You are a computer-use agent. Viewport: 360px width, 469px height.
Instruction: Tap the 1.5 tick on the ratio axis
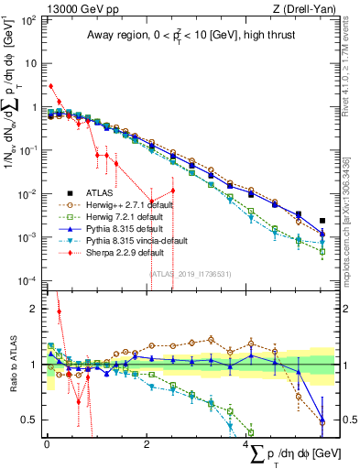tap(30, 336)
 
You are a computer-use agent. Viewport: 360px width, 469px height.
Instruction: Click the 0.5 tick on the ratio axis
tap(30, 420)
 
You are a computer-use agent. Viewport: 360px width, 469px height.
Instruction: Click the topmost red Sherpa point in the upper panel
tap(50, 87)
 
